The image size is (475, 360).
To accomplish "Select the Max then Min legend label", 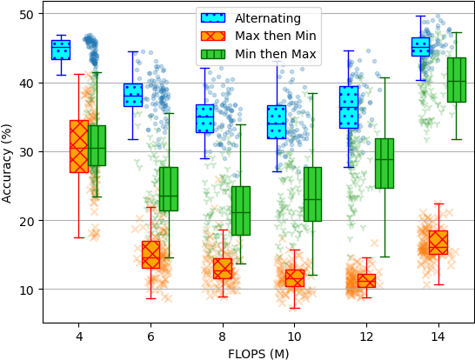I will click(272, 37).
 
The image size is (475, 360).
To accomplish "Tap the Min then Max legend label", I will click(272, 55).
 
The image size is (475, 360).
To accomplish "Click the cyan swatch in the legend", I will click(214, 18).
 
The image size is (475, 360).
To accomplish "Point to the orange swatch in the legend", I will click(214, 37).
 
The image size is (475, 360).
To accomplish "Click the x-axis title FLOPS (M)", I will click(258, 353).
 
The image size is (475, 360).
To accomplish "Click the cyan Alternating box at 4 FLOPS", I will click(61, 50).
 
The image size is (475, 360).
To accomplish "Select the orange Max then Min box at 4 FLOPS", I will click(79, 146).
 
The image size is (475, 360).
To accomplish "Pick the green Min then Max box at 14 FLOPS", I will click(456, 80).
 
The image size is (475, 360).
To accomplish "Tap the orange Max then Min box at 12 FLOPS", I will click(366, 281).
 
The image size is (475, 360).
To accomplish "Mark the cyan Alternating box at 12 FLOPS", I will click(348, 107).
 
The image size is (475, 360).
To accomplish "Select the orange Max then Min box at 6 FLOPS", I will click(151, 254).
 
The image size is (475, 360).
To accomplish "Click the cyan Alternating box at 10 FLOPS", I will click(277, 122).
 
